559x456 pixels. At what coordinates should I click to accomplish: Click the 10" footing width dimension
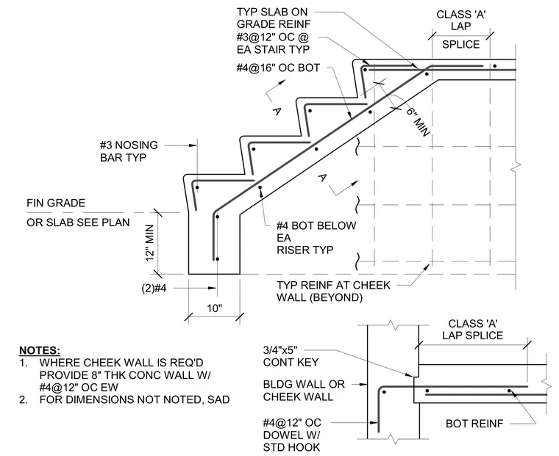[215, 308]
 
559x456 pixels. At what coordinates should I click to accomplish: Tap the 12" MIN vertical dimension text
[150, 243]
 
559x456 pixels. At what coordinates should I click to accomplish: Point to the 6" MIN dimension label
[418, 122]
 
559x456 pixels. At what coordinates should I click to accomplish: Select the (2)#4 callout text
[154, 288]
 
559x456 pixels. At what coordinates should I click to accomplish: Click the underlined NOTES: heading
[40, 350]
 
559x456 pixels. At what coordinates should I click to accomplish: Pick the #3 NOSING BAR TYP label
[129, 151]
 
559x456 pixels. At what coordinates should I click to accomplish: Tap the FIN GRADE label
[56, 203]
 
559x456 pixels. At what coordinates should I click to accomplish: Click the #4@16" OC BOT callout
[278, 68]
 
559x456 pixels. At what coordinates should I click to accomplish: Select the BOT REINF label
[474, 424]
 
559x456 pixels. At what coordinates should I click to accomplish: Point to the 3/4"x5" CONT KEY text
[291, 356]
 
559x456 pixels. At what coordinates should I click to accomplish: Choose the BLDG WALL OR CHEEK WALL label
[304, 391]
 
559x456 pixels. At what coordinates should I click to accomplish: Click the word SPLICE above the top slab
[460, 45]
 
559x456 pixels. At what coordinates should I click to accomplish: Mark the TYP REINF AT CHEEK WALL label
[334, 292]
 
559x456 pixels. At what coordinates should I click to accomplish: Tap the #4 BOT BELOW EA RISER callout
[316, 238]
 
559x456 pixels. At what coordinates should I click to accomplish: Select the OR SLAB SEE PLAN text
[78, 222]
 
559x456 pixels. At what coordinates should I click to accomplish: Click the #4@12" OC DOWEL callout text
[292, 435]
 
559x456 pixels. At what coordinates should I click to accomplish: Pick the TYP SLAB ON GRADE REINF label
[274, 18]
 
